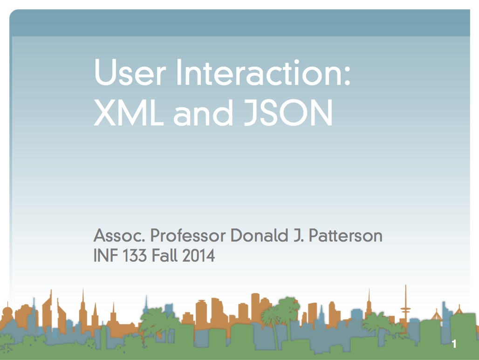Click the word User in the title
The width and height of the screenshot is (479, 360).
click(x=130, y=72)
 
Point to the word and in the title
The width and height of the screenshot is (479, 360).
click(x=203, y=112)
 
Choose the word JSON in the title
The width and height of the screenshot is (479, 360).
click(x=288, y=112)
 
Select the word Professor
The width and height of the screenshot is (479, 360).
click(x=188, y=235)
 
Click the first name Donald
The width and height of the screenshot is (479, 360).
click(x=260, y=235)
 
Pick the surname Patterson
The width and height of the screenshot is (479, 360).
click(x=345, y=235)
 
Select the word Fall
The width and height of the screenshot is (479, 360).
click(x=164, y=255)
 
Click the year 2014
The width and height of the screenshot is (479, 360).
click(x=198, y=255)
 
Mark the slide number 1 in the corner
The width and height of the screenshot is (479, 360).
click(x=454, y=344)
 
